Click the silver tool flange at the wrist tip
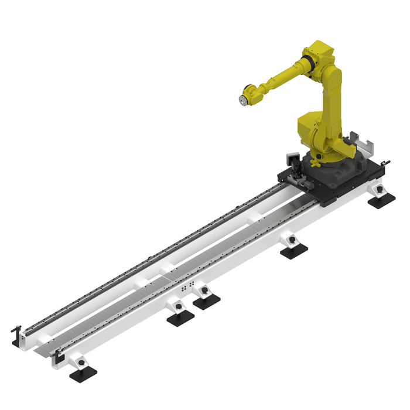pyautogui.click(x=241, y=100)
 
